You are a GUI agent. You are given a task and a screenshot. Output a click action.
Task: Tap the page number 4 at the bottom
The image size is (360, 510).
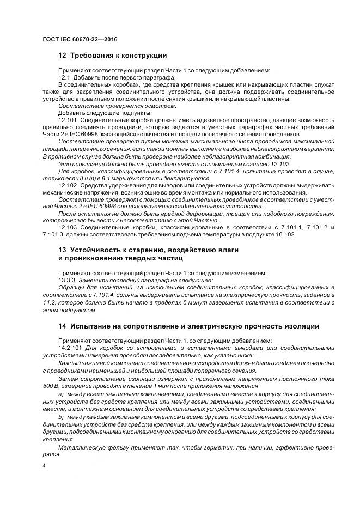[x=44, y=466]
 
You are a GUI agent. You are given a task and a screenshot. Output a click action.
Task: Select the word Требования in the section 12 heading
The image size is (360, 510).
[x=91, y=56]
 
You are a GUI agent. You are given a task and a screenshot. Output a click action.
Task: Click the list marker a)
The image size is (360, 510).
[x=60, y=393]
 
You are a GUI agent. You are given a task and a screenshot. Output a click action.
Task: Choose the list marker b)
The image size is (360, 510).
[x=60, y=416]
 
